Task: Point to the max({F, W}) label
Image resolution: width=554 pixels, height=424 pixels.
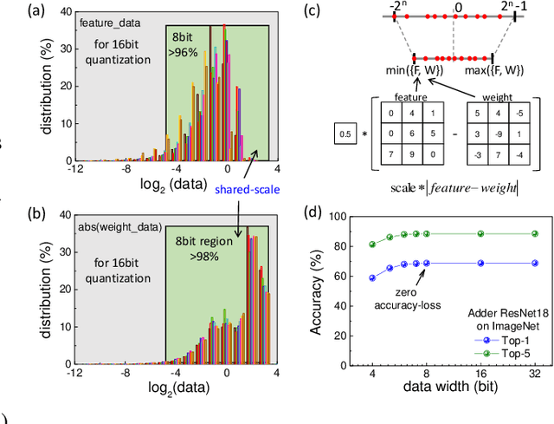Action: pyautogui.click(x=496, y=69)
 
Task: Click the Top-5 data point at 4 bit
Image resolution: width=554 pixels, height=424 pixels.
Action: pyautogui.click(x=373, y=245)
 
